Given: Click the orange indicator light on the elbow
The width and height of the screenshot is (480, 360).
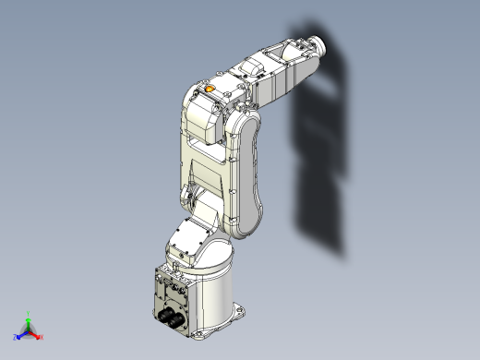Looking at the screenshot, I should (210, 90).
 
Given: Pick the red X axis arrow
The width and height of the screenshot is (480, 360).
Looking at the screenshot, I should (36, 331).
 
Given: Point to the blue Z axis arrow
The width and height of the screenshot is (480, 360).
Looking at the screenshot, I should (20, 331).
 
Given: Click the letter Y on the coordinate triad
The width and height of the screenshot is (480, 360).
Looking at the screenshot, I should (29, 312).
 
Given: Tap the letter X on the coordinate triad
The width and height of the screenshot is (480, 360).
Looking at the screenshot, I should (41, 335).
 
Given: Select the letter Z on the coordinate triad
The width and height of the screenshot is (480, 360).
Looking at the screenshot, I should (15, 336).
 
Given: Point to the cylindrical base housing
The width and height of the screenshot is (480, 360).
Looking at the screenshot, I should (217, 291).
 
